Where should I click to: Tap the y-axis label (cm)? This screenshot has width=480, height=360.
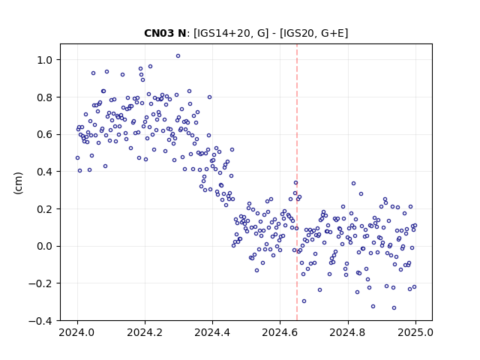(x=18, y=183)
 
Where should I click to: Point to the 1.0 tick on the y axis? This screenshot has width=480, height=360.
(x=44, y=60)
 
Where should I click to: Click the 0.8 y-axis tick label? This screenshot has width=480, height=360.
(x=44, y=97)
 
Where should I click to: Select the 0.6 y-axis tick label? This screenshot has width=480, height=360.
(x=44, y=135)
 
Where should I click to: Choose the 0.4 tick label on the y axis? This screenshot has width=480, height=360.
(x=44, y=172)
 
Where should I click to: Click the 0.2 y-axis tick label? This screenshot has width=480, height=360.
(x=44, y=209)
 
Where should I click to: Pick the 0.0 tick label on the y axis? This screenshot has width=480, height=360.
(x=44, y=247)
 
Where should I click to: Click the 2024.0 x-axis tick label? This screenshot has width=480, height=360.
(x=77, y=332)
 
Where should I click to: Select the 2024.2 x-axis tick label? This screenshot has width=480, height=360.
(x=145, y=332)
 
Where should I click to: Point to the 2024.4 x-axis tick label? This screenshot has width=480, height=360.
(x=212, y=332)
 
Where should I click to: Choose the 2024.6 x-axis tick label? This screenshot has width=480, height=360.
(x=280, y=332)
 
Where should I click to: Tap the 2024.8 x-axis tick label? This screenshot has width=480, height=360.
(x=348, y=332)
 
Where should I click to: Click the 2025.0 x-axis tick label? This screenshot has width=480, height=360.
(x=415, y=332)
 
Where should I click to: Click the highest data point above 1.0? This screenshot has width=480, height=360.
(x=178, y=56)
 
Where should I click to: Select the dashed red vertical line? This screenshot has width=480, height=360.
(x=297, y=182)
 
